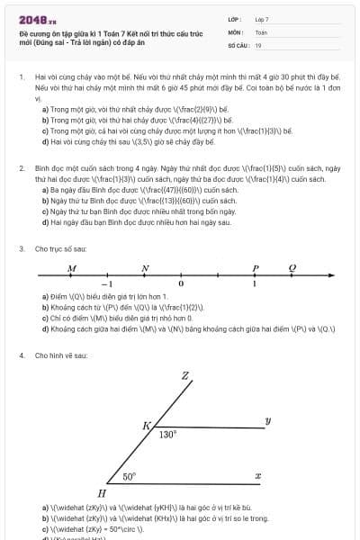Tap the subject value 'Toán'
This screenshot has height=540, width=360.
coord(261,31)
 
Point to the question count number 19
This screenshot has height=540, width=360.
coord(258,45)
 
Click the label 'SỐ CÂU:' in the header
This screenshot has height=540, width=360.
coord(238,45)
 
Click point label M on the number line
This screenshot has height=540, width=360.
coord(72,268)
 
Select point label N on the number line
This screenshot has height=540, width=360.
coord(145,268)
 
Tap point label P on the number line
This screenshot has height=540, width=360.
coord(256,268)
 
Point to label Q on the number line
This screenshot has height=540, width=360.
coord(292,268)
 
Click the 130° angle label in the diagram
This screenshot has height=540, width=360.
coord(167,434)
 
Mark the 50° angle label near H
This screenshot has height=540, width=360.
coord(130,476)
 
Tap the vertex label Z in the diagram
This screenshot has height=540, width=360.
coord(185,375)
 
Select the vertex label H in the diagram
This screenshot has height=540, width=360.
coord(102,493)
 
